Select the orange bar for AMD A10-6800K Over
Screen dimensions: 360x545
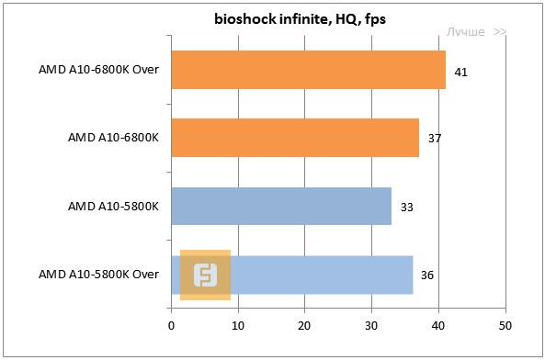tap(308, 70)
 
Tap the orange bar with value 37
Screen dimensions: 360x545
tap(295, 138)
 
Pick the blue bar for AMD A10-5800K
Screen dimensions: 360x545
tap(281, 206)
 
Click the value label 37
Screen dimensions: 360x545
tap(435, 139)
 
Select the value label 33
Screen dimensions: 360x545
tap(407, 207)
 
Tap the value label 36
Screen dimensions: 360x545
tap(427, 275)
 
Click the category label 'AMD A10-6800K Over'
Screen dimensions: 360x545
tap(99, 70)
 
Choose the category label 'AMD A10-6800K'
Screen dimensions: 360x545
tap(113, 138)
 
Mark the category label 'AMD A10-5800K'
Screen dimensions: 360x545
tap(113, 206)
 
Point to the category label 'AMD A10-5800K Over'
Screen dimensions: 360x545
tap(99, 274)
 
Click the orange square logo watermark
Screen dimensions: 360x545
tap(205, 275)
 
